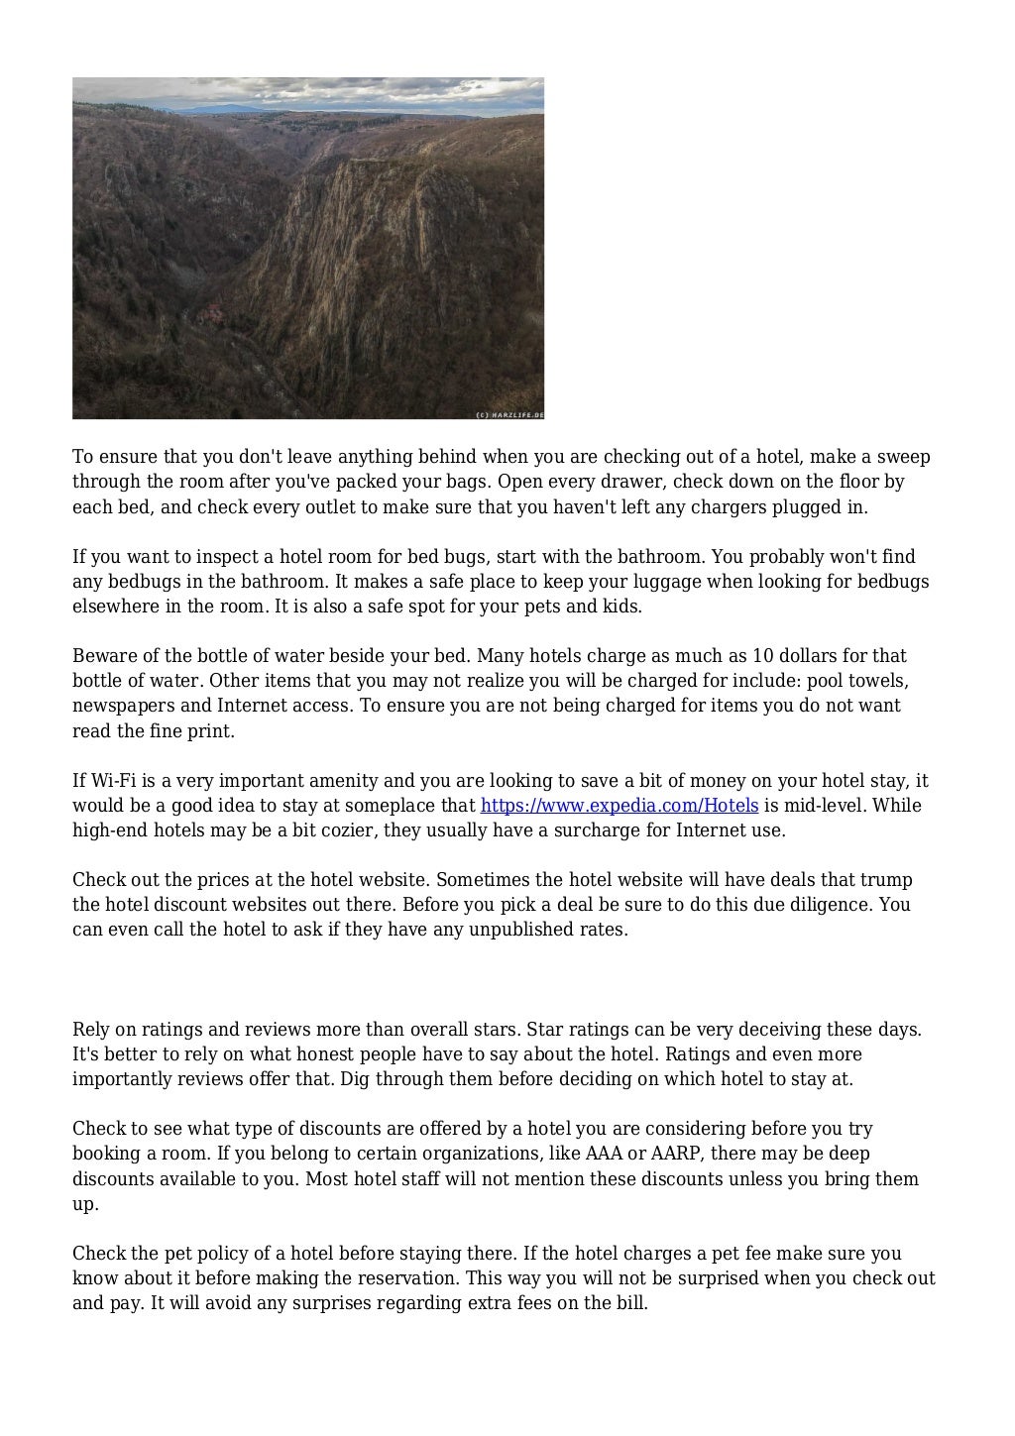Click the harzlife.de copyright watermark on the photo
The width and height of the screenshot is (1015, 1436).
(509, 414)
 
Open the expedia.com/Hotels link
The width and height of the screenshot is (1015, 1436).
(619, 806)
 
